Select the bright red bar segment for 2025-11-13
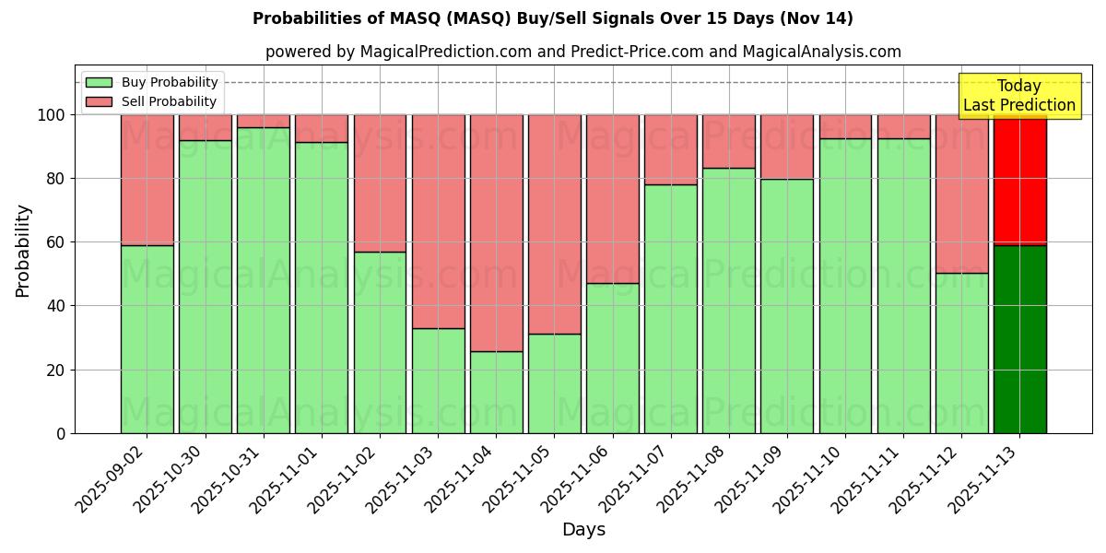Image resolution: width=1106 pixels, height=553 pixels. coord(1019,180)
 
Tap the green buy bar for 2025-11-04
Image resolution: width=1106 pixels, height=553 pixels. coord(496,392)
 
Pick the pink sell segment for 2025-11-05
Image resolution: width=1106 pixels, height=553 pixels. coord(554,224)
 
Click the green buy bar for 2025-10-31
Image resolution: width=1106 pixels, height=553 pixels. coord(264,280)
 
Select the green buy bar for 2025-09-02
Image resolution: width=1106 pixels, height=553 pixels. coord(147,338)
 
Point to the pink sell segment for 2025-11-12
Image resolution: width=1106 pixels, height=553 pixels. coord(961,194)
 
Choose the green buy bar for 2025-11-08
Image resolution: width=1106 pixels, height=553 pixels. coord(729,300)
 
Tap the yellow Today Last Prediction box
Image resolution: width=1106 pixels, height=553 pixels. coord(1018,96)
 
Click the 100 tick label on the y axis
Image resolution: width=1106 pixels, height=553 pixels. coord(52,115)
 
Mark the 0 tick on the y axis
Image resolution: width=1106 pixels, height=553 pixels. coord(61,433)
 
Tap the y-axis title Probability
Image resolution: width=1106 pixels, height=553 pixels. coord(23,251)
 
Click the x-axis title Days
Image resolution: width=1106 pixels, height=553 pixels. coord(583,530)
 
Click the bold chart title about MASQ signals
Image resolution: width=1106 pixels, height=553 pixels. coord(553,18)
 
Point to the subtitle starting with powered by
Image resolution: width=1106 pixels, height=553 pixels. coord(582,52)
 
